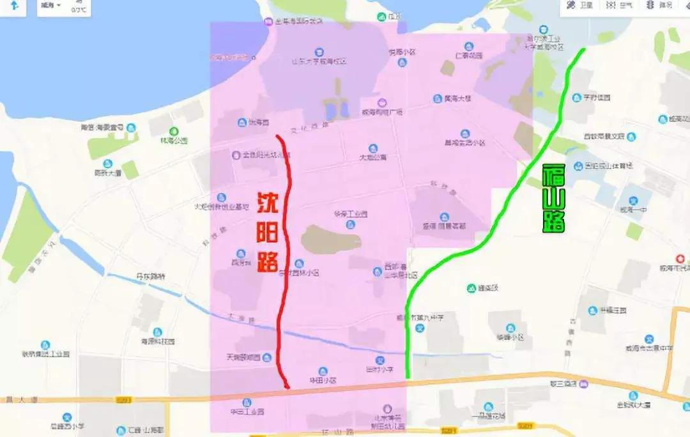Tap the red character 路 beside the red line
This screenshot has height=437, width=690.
click(x=268, y=260)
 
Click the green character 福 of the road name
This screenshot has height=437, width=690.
click(x=553, y=178)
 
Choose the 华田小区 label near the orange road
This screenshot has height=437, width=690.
click(x=323, y=380)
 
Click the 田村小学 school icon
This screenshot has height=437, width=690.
click(x=379, y=361)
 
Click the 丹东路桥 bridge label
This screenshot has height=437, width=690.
click(x=150, y=277)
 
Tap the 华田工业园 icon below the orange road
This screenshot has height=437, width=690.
click(x=242, y=402)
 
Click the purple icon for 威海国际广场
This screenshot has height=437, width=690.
click(x=381, y=103)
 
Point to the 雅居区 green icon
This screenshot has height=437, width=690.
click(x=471, y=288)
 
